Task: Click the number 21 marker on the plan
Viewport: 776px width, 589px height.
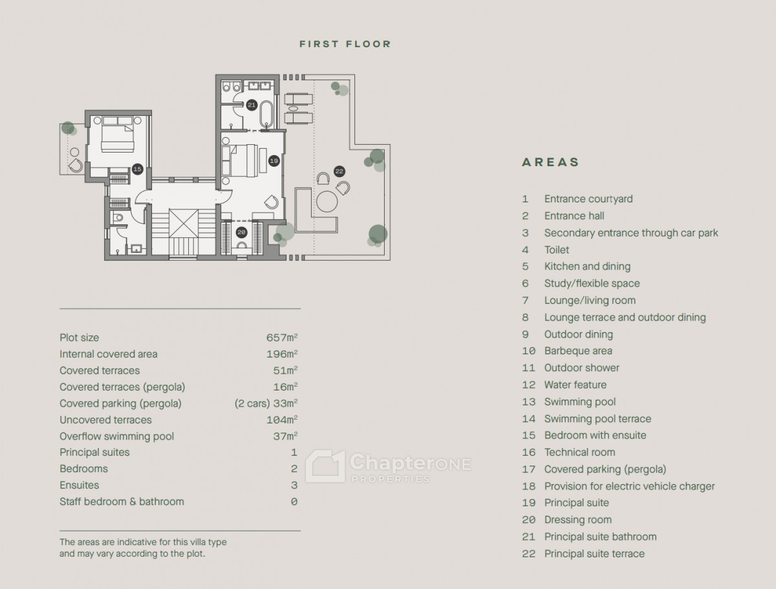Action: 252,105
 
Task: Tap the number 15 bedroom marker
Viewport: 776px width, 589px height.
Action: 137,169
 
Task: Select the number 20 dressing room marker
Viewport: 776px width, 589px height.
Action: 241,232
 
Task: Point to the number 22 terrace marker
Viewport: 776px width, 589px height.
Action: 339,171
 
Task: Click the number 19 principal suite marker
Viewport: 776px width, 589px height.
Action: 274,161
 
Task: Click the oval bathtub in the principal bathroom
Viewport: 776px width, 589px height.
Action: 266,114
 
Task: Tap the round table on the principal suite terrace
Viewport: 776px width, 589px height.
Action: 327,201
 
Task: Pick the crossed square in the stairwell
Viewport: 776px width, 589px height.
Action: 184,223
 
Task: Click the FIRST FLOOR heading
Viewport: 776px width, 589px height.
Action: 345,44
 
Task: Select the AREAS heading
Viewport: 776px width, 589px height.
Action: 550,162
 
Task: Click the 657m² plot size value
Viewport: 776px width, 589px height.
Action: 282,337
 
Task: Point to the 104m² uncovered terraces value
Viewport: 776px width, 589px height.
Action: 282,420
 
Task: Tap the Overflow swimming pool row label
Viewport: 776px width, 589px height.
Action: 116,436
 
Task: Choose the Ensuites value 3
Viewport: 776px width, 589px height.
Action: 294,486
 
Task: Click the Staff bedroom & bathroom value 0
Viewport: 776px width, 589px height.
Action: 294,502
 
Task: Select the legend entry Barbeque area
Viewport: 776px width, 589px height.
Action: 578,351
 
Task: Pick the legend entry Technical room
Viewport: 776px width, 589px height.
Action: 580,453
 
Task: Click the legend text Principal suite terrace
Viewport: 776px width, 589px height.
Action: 595,553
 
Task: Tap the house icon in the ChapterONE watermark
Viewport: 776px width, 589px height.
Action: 325,466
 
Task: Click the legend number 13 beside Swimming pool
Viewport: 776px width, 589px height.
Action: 529,402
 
